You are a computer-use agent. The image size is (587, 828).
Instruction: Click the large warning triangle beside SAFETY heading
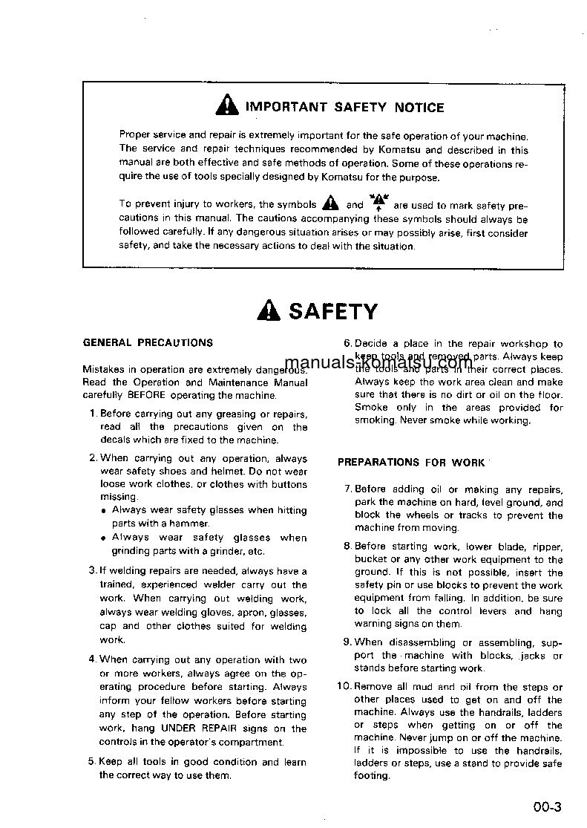(269, 310)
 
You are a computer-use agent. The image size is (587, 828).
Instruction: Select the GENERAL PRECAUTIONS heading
(148, 343)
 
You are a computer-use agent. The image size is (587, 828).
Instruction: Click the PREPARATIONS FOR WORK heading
(410, 462)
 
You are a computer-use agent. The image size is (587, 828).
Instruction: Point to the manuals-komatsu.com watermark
(388, 362)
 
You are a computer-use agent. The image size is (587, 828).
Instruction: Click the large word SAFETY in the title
(333, 310)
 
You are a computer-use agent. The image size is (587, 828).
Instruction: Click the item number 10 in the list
(344, 687)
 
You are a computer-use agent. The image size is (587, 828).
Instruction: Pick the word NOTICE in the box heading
(419, 108)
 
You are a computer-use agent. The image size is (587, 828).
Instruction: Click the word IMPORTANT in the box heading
(286, 108)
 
